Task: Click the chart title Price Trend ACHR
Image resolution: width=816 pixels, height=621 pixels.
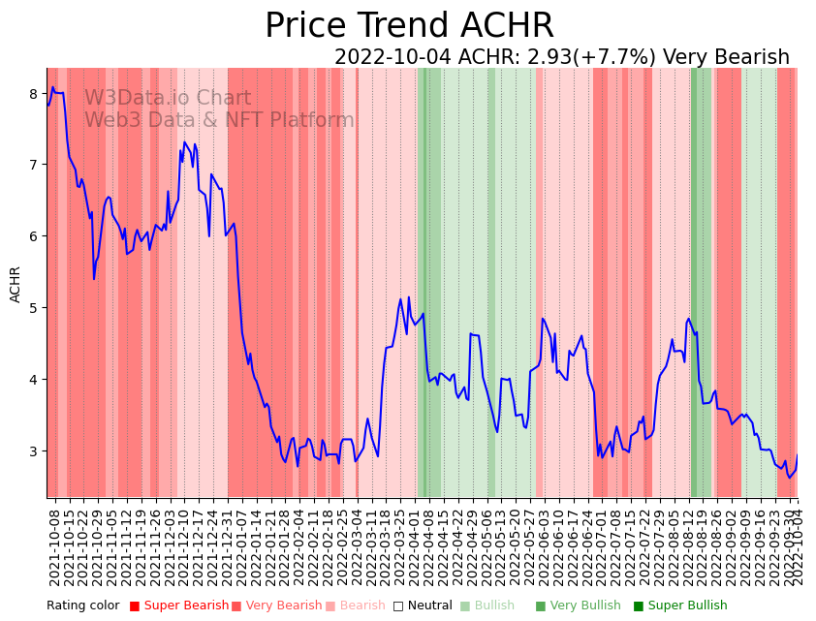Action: (x=408, y=26)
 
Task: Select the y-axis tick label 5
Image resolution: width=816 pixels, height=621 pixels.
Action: (x=35, y=308)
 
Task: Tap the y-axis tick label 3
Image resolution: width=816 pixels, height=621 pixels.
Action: (x=35, y=451)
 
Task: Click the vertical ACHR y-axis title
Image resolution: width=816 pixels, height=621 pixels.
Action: (x=16, y=285)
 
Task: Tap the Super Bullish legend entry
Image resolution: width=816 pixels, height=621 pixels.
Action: (x=680, y=605)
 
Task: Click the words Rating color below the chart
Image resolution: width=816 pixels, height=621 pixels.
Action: (x=82, y=605)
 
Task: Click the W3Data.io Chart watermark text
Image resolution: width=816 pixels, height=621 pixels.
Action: (x=167, y=99)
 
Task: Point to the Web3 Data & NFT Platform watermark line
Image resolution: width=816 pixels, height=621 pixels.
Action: (x=219, y=121)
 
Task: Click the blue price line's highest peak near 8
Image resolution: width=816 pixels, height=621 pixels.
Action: (x=53, y=87)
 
